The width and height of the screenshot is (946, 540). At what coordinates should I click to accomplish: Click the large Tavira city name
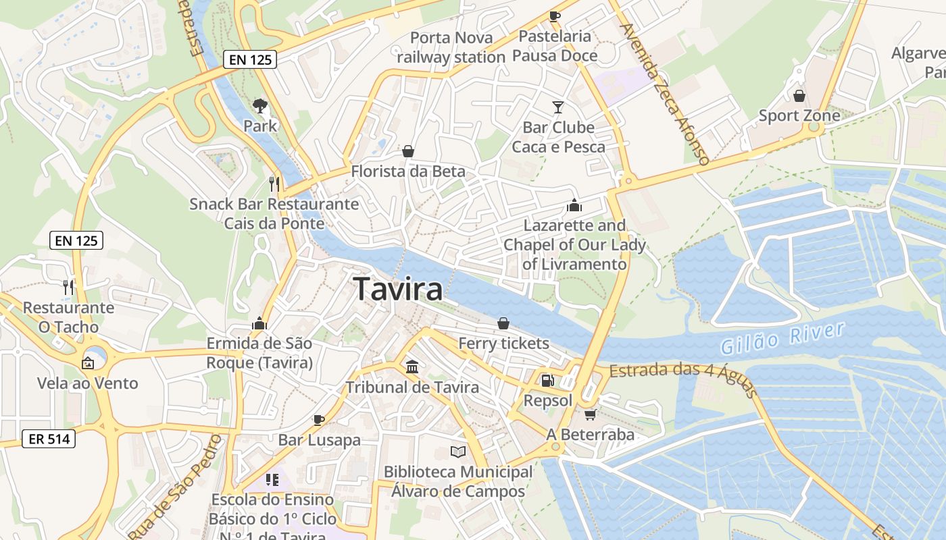pos(399,289)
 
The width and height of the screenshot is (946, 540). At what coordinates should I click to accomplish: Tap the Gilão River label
pos(782,338)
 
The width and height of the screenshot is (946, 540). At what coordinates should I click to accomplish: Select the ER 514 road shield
pos(49,439)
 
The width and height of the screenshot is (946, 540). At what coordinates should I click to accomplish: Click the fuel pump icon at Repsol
pos(548,381)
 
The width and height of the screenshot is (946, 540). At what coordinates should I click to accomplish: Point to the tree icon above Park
pos(260,106)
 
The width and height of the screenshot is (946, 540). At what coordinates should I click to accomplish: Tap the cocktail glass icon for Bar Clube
pos(558,107)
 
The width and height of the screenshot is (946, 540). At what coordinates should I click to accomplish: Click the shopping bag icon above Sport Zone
pos(799,96)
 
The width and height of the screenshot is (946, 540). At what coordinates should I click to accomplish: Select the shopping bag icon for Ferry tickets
pos(503,324)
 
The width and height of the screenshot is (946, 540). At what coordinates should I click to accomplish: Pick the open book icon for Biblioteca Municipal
pos(458,452)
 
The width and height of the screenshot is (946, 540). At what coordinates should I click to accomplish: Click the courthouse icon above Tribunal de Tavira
pos(412,367)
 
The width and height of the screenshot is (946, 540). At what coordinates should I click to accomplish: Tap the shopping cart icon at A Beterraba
pos(591,414)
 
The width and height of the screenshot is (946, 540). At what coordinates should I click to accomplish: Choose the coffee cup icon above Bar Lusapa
pos(319,421)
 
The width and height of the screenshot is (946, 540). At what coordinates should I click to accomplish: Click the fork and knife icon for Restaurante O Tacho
pos(68,288)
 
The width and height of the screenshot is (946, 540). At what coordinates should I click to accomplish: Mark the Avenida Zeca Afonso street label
pos(664,94)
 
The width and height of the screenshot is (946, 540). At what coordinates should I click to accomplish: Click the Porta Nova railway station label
pos(451,47)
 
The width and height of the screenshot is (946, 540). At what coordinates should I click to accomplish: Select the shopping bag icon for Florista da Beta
pos(408,152)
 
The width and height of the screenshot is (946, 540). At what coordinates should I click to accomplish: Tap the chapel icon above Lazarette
pos(574,205)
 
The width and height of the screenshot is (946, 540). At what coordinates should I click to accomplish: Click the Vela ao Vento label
pos(88,383)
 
